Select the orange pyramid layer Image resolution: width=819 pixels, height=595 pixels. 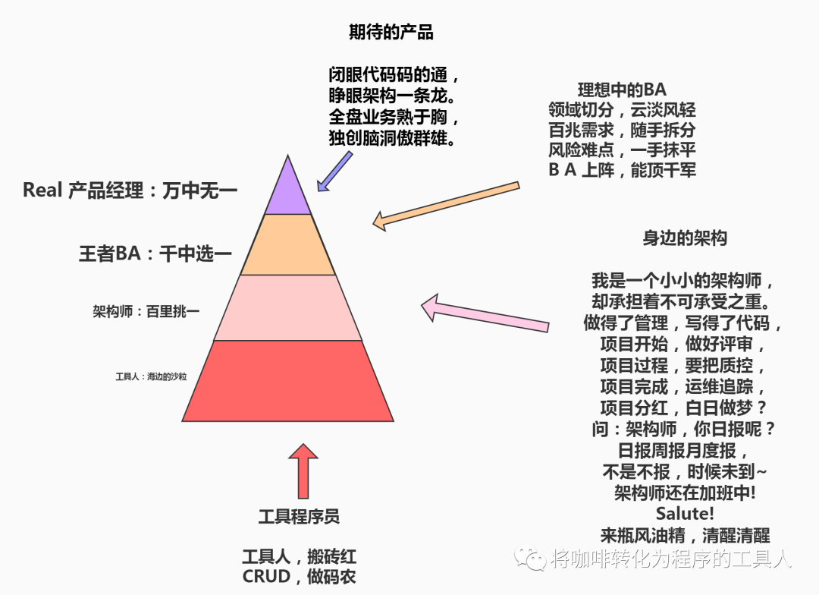pyautogui.click(x=288, y=244)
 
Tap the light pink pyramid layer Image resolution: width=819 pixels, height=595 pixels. pyautogui.click(x=288, y=307)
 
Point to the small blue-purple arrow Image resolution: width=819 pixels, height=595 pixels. pyautogui.click(x=335, y=172)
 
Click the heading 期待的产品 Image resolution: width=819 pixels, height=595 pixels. pyautogui.click(x=391, y=32)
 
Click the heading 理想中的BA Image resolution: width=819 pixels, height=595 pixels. pyautogui.click(x=621, y=89)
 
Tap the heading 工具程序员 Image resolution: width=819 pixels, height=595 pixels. pyautogui.click(x=299, y=517)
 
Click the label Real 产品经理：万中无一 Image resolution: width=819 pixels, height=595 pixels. pyautogui.click(x=130, y=190)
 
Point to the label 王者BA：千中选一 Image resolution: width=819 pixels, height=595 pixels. pyautogui.click(x=155, y=253)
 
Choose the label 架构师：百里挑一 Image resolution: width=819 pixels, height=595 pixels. pyautogui.click(x=146, y=311)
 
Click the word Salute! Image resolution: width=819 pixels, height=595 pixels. pyautogui.click(x=685, y=513)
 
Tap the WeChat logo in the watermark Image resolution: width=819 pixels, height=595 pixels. pyautogui.click(x=530, y=559)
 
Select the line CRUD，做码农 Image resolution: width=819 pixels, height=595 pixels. pyautogui.click(x=299, y=576)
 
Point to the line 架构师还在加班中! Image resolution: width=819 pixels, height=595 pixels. pyautogui.click(x=685, y=493)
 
